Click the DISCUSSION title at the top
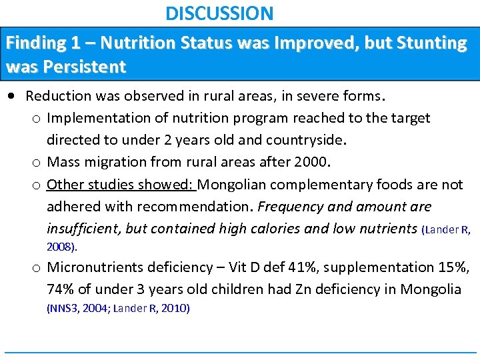coord(219,13)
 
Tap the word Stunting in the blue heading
coord(432,43)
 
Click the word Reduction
coord(59,96)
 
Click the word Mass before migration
coord(65,162)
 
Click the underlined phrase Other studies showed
coord(121,184)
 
